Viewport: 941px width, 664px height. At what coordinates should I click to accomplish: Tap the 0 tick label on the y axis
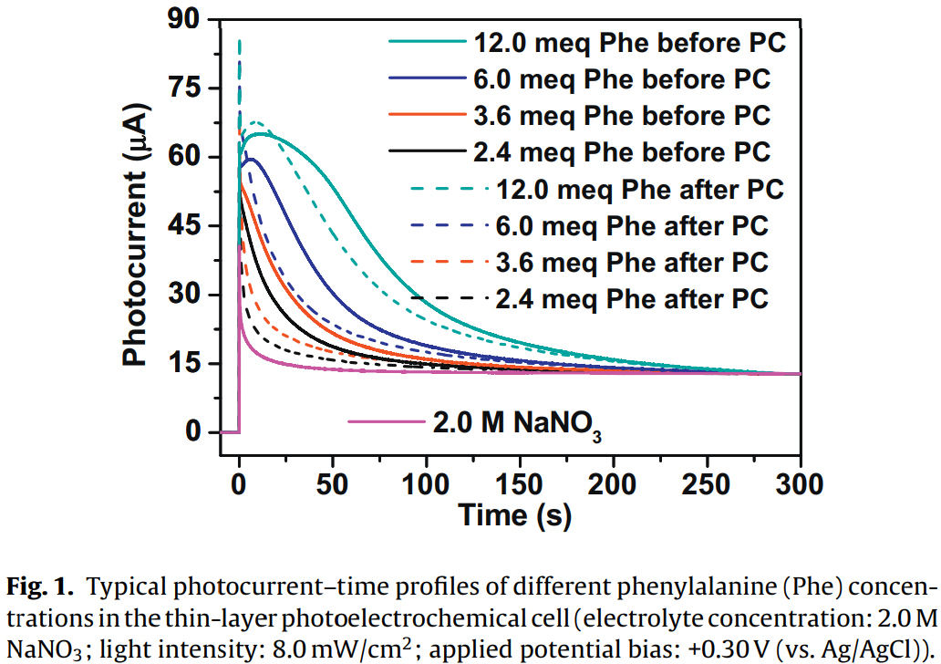pos(193,432)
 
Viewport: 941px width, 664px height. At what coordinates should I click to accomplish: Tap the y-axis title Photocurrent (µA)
pos(136,225)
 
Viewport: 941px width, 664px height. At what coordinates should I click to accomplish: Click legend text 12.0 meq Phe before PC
pos(629,43)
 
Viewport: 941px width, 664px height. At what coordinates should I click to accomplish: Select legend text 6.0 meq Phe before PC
pos(622,79)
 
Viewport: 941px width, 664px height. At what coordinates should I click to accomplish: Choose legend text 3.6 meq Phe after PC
pos(633,263)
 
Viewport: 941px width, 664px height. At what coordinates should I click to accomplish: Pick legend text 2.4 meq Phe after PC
pos(633,299)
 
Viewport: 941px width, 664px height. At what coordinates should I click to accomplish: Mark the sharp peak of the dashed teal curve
pos(239,41)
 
